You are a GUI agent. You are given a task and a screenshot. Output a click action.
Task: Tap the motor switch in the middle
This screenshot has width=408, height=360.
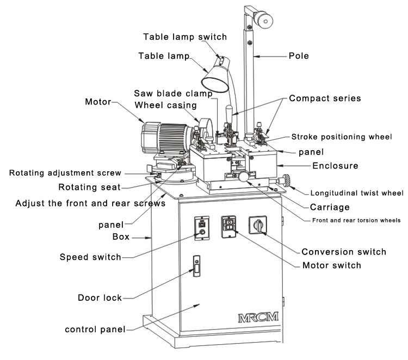[x=229, y=226]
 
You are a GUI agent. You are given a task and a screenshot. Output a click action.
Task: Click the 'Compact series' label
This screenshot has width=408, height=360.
[x=325, y=98]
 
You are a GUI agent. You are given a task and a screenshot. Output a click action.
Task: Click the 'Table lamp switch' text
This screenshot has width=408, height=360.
[x=184, y=37]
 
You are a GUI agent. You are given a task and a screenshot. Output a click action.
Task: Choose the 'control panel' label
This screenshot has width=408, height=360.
[x=95, y=329]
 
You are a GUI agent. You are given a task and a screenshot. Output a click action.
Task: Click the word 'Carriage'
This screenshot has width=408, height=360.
[x=329, y=207]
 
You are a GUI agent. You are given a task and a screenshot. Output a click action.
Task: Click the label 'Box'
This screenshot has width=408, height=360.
[x=121, y=238]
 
